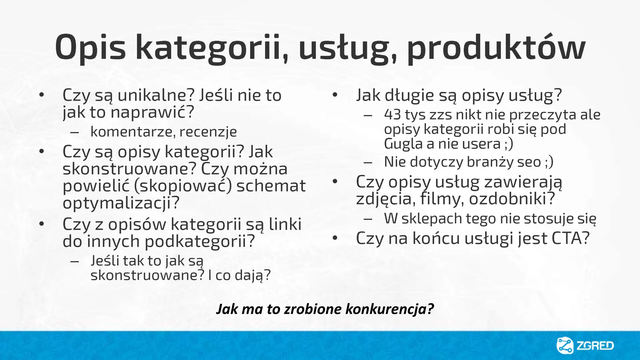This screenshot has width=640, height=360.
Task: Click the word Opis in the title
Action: (90, 47)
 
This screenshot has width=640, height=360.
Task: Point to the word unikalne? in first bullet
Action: (156, 95)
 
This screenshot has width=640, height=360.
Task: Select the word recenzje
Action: (208, 132)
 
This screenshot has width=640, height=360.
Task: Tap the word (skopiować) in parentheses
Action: (183, 186)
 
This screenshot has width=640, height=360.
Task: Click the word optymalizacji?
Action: (121, 203)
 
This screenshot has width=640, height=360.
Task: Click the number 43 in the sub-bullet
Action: (392, 115)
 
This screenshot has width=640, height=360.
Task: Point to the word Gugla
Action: (403, 144)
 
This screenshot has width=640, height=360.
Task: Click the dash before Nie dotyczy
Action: (368, 162)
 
